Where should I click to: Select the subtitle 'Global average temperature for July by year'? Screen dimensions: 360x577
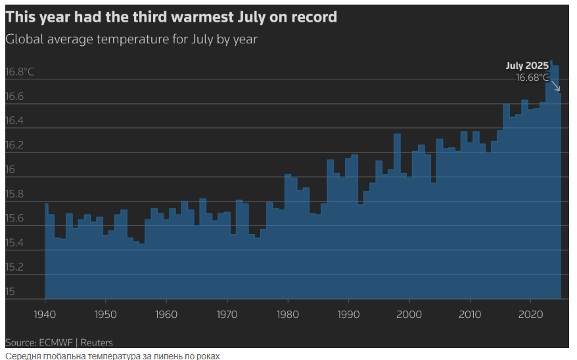131,39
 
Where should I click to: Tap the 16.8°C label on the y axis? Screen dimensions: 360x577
20,72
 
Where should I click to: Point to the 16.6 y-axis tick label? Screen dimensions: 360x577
15,97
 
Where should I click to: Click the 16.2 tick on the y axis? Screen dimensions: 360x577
15,145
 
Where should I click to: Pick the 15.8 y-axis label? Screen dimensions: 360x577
15,194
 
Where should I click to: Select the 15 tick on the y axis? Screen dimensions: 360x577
10,292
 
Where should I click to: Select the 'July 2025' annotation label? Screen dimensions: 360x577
527,66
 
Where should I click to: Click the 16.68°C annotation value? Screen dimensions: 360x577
532,78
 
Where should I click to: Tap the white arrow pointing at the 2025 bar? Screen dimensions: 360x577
555,85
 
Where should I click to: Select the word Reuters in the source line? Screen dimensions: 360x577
97,342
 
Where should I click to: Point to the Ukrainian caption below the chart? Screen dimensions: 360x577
112,355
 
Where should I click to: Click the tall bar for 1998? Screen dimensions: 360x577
397,217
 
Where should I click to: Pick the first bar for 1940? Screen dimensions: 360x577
47,250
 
